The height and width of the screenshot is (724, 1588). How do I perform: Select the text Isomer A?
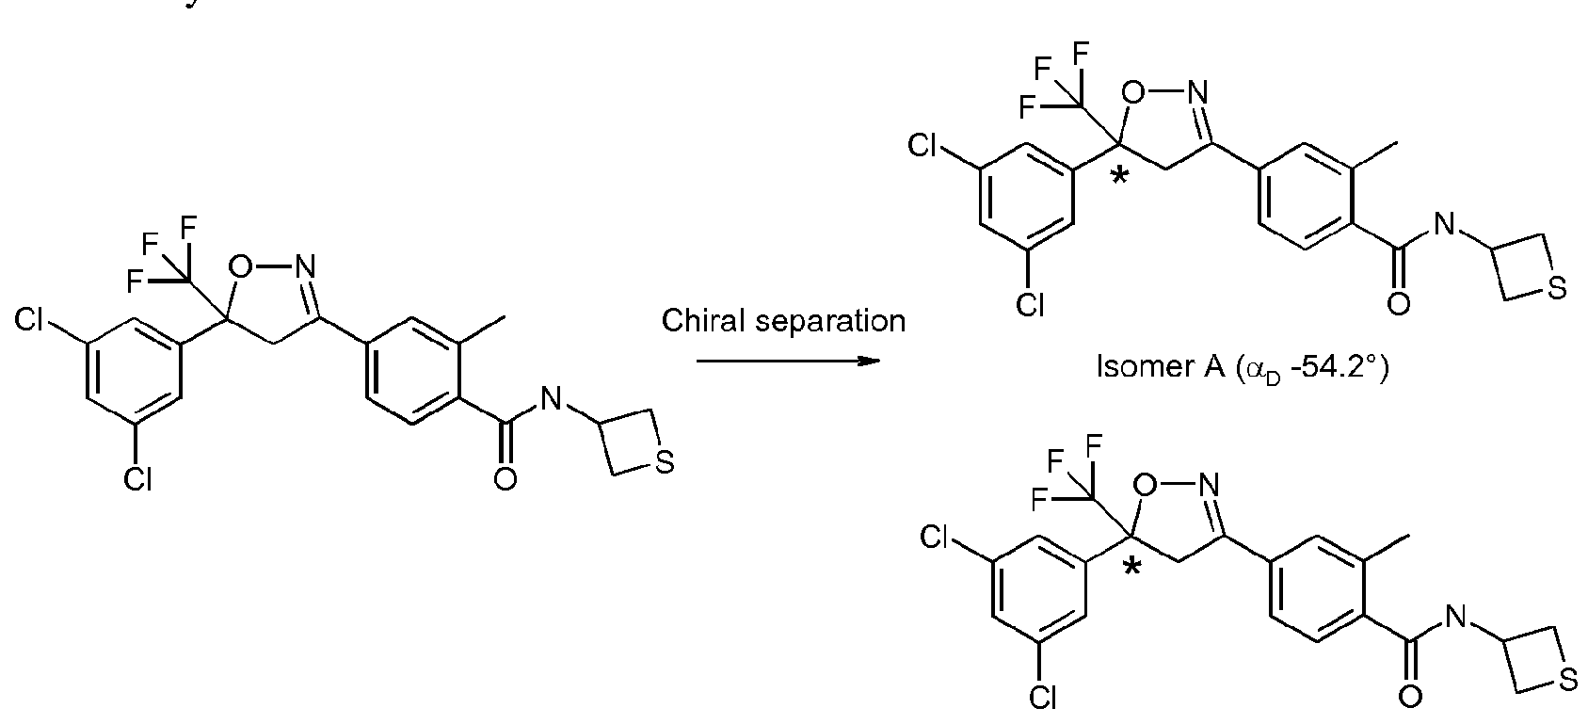pos(1160,366)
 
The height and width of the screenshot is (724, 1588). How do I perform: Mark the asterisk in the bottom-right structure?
pos(1133,568)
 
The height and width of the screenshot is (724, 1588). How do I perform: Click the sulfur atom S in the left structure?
pos(665,463)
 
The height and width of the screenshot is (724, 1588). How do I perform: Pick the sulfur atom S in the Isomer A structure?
pos(1557,289)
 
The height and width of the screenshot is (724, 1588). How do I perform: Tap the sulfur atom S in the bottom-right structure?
pos(1568,682)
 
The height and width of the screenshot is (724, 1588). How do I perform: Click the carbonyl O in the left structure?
pos(505,479)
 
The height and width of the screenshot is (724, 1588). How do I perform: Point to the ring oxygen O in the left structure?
pos(240,266)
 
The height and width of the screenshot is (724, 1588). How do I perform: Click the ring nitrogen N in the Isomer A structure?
pos(1197,92)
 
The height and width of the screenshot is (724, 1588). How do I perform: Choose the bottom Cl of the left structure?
pos(137,480)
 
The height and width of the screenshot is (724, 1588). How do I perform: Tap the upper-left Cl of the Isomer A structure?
pos(922,146)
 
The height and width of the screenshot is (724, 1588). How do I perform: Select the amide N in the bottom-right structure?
pos(1455,618)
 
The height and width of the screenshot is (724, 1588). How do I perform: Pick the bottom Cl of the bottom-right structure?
pos(1042,699)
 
